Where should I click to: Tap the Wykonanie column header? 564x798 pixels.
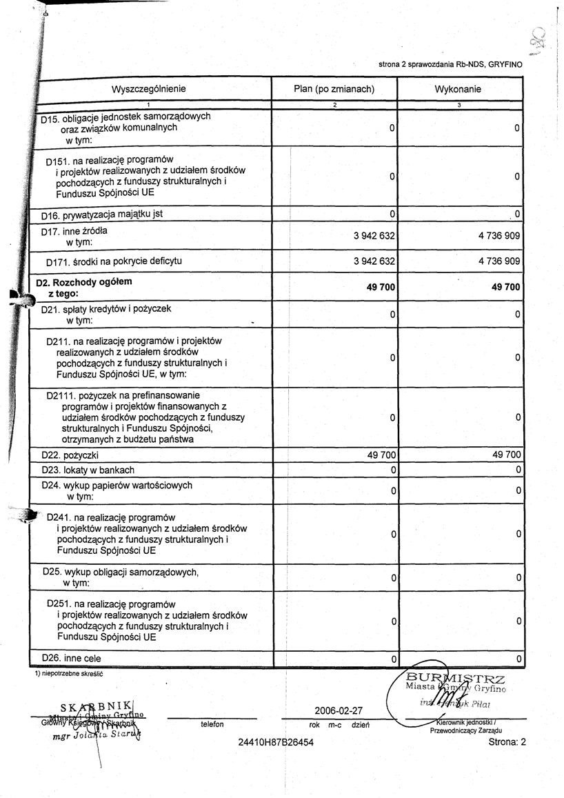[x=458, y=89]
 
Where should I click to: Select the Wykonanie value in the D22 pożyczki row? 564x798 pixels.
[x=501, y=455]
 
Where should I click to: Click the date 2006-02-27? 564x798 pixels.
[x=338, y=710]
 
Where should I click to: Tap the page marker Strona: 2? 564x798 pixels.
[x=507, y=742]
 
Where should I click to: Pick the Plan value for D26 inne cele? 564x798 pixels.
[x=392, y=659]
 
